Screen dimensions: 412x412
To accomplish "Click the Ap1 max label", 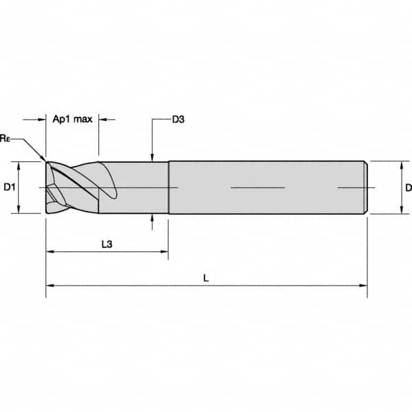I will pyautogui.click(x=73, y=119).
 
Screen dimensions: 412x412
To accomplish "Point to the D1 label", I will pyautogui.click(x=9, y=187).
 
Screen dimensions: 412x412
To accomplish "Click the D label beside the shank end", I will pyautogui.click(x=408, y=187).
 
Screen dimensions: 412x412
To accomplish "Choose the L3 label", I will pyautogui.click(x=106, y=243).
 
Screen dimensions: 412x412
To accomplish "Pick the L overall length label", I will pyautogui.click(x=206, y=278).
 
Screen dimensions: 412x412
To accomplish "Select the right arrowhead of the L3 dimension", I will pyautogui.click(x=164, y=252).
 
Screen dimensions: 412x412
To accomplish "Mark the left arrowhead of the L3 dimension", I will pyautogui.click(x=50, y=252).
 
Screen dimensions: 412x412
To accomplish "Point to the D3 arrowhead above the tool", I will pyautogui.click(x=152, y=157).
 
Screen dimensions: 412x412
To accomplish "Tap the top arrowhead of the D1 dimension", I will pyautogui.click(x=21, y=165).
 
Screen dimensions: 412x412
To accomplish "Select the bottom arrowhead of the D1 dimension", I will pyautogui.click(x=21, y=209).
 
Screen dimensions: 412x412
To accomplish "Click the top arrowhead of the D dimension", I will pyautogui.click(x=400, y=165).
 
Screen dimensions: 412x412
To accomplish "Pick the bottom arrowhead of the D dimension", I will pyautogui.click(x=400, y=209).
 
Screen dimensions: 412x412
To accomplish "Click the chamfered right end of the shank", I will pyautogui.click(x=367, y=187).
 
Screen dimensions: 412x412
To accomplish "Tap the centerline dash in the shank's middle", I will pyautogui.click(x=257, y=187).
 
